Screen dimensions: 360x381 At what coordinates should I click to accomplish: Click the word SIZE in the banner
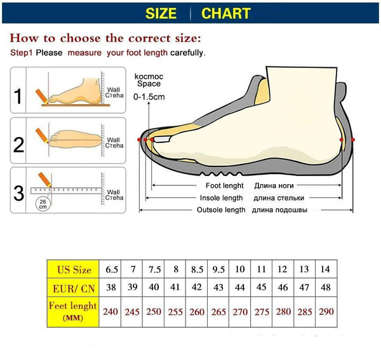[x=161, y=13]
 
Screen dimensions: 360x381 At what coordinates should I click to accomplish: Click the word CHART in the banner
[x=225, y=13]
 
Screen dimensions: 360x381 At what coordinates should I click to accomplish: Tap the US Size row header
[x=74, y=269]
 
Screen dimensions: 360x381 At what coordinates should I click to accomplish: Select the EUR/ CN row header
[x=74, y=288]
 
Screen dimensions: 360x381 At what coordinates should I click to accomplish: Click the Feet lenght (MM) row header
[x=74, y=311]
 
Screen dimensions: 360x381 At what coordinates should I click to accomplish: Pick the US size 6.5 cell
[x=110, y=269]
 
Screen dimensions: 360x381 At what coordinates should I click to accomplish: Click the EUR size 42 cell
[x=197, y=288]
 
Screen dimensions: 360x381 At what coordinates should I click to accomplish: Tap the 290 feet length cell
[x=325, y=312]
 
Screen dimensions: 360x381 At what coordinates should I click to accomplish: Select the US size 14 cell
[x=325, y=269]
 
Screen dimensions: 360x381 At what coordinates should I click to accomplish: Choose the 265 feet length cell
[x=218, y=312]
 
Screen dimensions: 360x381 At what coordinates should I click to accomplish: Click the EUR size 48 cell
[x=325, y=288]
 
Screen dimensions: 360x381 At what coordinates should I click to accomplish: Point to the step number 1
[x=19, y=97]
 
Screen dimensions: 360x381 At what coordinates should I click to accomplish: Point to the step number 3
[x=19, y=192]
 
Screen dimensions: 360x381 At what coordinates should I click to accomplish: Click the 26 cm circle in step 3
[x=43, y=204]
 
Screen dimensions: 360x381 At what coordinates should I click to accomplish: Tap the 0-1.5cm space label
[x=149, y=97]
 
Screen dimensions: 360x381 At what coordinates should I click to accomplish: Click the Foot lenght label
[x=224, y=186]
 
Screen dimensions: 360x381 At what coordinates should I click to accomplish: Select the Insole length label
[x=222, y=198]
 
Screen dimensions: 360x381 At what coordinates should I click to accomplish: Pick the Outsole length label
[x=220, y=210]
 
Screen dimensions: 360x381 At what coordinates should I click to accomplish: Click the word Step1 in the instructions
[x=22, y=53]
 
